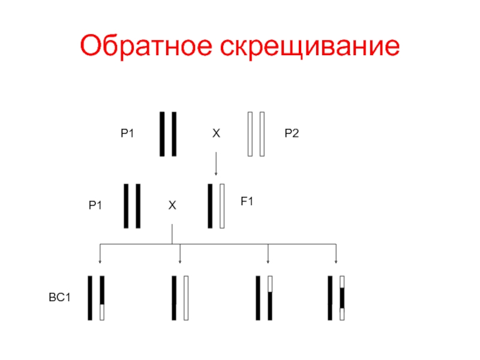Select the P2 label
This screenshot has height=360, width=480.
[292, 134]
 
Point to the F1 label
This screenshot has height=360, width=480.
[247, 203]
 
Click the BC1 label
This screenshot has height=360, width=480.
[59, 297]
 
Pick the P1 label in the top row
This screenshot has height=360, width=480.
[127, 134]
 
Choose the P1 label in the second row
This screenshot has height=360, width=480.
[95, 206]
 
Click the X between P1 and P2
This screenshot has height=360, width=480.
[216, 134]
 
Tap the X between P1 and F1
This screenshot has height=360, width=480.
[172, 206]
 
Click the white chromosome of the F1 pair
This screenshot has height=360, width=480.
[222, 206]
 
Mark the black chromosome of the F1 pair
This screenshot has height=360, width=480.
[210, 206]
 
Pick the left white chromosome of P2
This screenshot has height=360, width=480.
[250, 134]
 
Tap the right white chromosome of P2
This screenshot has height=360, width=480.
[262, 134]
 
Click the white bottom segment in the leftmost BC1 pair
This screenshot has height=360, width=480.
[102, 312]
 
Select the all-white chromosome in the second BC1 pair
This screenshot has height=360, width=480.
[186, 298]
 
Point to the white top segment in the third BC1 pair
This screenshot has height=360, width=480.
[270, 283]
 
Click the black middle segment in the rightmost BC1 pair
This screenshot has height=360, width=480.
[342, 298]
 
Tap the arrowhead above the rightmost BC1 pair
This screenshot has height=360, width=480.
[336, 260]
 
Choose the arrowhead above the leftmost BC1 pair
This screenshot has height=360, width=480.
[100, 260]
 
